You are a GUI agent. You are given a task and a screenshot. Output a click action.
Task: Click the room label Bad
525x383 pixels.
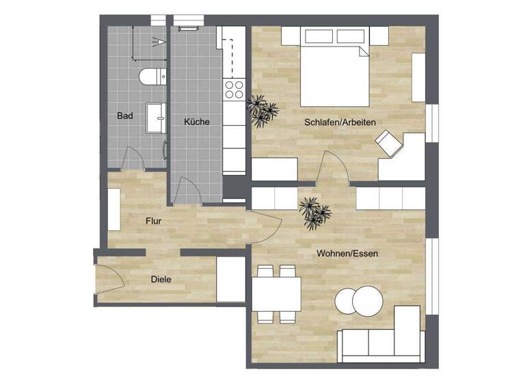pos(124,116)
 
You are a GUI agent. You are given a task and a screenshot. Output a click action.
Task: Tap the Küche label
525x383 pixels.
pos(196,122)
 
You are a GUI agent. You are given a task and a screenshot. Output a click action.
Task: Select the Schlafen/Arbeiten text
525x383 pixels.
pos(340,122)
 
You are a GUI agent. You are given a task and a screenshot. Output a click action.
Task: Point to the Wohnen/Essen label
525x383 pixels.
pos(347,253)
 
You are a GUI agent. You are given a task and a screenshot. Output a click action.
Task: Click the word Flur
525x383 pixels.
pos(153,221)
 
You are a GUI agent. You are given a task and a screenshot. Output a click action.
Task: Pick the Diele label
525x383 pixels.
pos(161,279)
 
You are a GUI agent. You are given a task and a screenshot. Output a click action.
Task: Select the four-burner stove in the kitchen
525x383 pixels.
pos(234,88)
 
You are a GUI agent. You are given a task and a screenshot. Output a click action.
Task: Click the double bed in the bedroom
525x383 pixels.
pos(332,68)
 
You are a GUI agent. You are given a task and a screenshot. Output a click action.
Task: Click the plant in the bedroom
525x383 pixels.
pos(262,109)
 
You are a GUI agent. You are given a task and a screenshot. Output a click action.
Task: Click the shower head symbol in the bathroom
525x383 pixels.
pos(162,42)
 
